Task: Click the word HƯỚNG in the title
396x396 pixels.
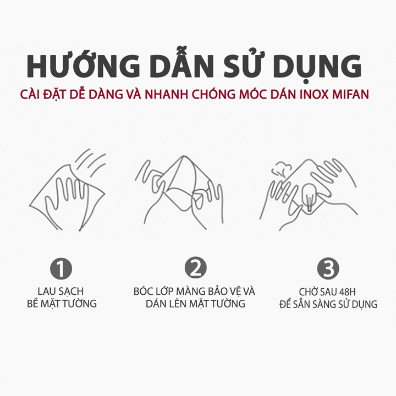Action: click(x=84, y=65)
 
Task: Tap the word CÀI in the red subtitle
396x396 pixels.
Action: click(x=30, y=94)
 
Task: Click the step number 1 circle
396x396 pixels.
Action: click(x=61, y=268)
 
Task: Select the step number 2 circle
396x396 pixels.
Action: click(x=195, y=268)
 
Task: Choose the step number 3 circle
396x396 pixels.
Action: click(x=328, y=268)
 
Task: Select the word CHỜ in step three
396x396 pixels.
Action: click(x=308, y=291)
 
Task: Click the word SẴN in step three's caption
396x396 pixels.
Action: click(x=300, y=303)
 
